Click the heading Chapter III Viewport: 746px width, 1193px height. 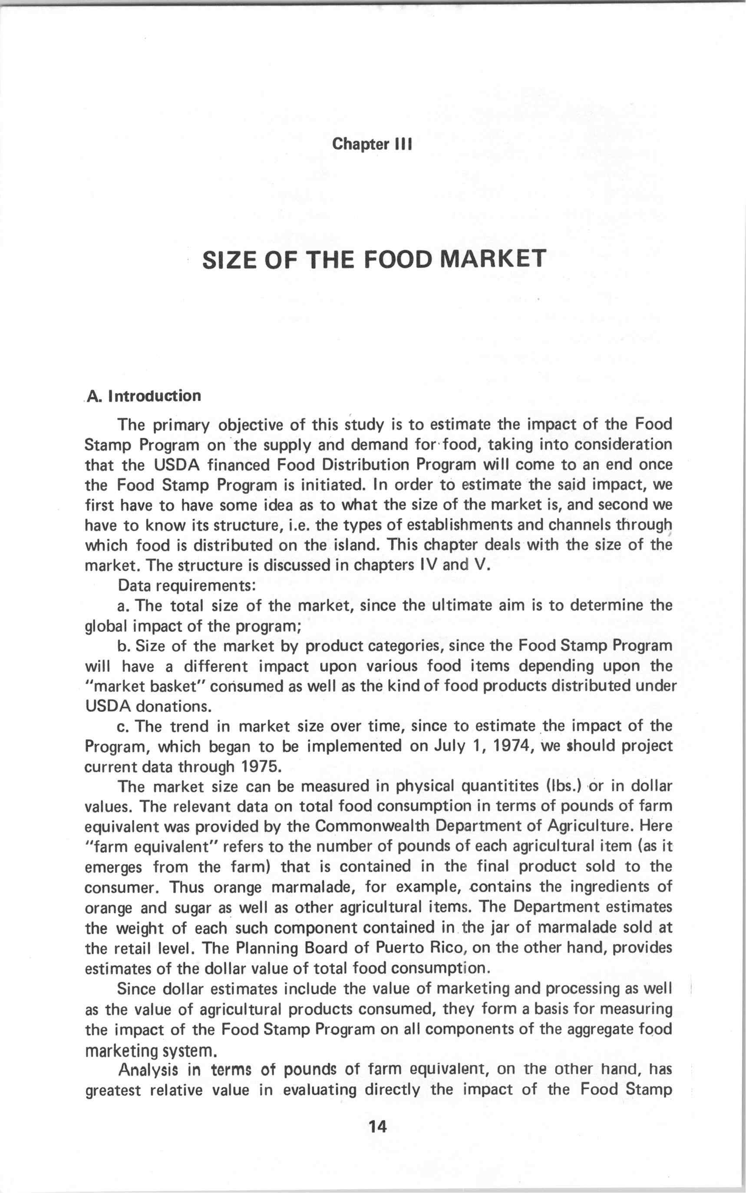click(x=372, y=144)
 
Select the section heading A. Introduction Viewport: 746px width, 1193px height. click(x=144, y=396)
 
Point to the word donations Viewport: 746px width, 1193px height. click(x=173, y=707)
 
